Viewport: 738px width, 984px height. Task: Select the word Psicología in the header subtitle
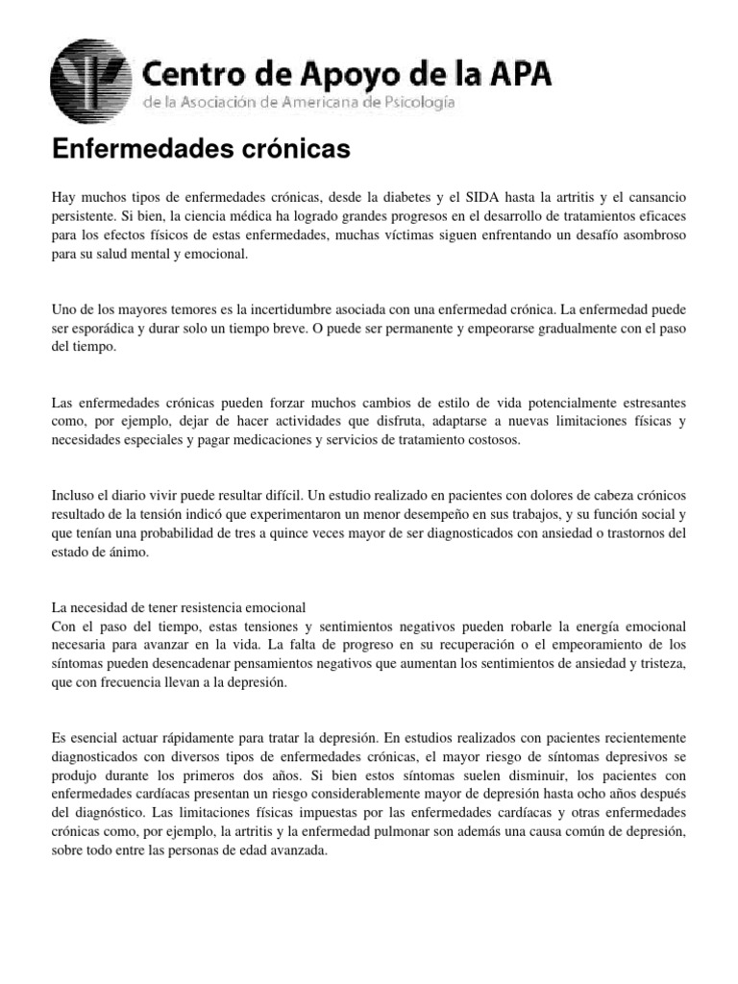[416, 102]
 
